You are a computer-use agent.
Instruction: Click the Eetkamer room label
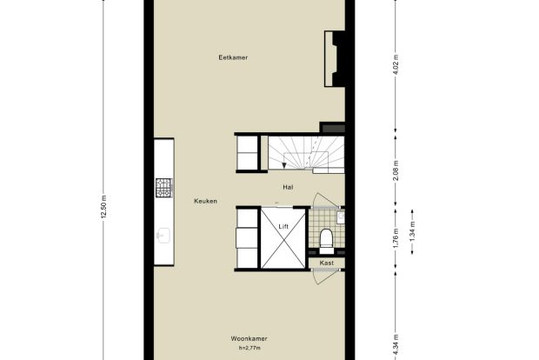point(233,57)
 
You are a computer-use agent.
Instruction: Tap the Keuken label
point(205,201)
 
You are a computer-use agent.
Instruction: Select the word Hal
point(288,188)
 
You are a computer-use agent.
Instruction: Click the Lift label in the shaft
point(283,227)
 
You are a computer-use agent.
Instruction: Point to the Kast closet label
point(327,263)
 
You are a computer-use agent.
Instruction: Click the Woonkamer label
point(249,338)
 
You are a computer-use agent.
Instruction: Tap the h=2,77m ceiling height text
point(250,348)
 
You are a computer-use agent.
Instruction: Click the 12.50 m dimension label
point(104,207)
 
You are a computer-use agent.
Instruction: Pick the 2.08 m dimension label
point(396,170)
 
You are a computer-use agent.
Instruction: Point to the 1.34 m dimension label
point(413,232)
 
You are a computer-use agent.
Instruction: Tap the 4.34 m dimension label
point(396,345)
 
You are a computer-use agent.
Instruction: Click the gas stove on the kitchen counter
point(163,188)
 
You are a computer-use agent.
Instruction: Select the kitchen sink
point(163,236)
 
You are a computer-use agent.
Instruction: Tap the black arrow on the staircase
point(284,166)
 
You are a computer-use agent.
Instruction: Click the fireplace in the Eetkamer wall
point(335,59)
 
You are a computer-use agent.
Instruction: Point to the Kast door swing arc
point(318,279)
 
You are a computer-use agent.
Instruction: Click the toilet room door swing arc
point(318,197)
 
